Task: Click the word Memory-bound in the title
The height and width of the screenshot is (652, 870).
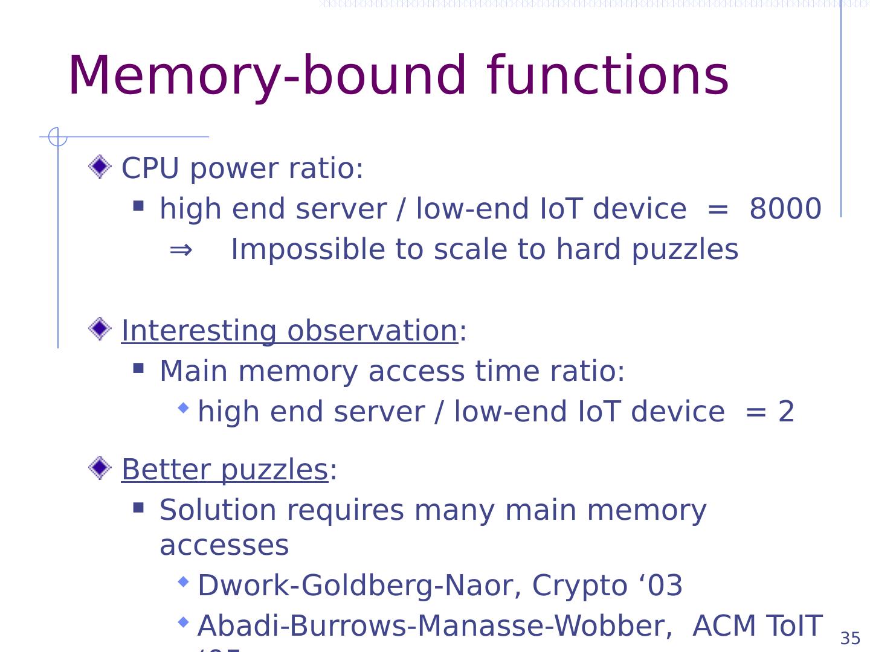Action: point(266,77)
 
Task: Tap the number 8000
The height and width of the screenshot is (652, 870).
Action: point(785,209)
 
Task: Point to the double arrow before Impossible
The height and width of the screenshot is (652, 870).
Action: point(181,249)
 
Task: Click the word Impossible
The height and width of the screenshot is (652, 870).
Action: point(307,250)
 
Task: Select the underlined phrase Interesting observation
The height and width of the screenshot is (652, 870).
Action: point(289,331)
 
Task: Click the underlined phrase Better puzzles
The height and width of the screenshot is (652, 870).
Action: point(224,470)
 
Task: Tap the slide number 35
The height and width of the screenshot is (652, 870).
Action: point(850,639)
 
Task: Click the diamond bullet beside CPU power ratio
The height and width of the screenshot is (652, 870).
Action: point(100,167)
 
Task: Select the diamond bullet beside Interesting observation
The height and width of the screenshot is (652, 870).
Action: point(100,330)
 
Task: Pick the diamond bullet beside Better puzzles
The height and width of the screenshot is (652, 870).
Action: point(100,468)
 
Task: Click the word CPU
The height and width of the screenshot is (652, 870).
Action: point(150,168)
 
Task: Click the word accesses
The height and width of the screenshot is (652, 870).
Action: point(224,546)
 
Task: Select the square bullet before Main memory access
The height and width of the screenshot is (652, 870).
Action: point(138,368)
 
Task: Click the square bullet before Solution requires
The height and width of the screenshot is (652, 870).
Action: point(138,507)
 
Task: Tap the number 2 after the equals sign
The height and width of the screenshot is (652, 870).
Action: point(785,412)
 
